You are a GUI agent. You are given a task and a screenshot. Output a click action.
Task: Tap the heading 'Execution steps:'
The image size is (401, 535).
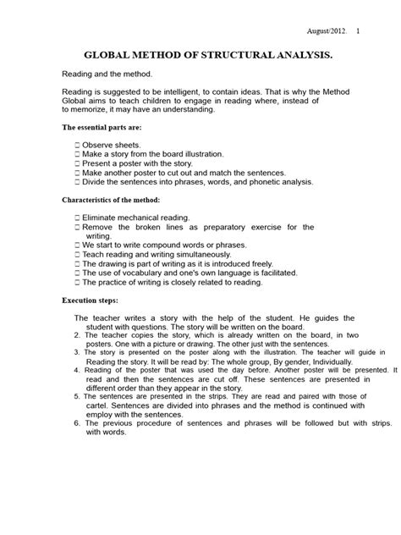coord(92,301)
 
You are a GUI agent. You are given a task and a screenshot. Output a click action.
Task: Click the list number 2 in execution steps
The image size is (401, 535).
coord(77,335)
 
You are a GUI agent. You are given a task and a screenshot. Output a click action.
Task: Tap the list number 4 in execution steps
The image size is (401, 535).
coord(77,371)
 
